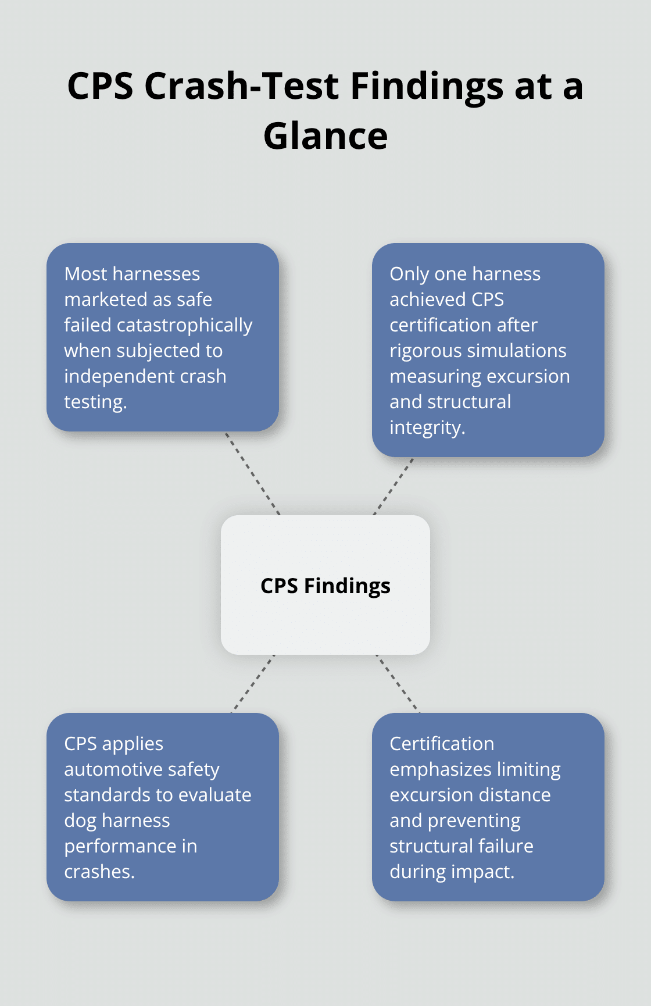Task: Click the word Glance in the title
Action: (x=325, y=137)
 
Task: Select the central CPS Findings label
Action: (x=325, y=586)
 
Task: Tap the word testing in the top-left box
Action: (x=94, y=402)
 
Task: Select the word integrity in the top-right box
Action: (x=426, y=428)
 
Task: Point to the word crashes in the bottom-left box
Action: (x=98, y=872)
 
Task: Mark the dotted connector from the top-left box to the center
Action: (x=253, y=473)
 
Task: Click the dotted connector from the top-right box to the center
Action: (x=394, y=486)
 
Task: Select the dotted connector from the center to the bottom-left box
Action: (x=253, y=684)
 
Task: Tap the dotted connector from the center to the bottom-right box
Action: (x=398, y=684)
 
